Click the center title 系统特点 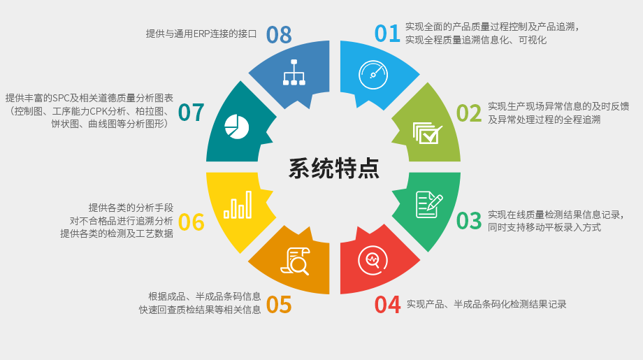(334, 168)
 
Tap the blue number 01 (387, 34)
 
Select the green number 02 (469, 113)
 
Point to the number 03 (469, 221)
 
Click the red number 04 (387, 305)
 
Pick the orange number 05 (279, 305)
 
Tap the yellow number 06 (191, 222)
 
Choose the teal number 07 (191, 113)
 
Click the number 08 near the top (279, 34)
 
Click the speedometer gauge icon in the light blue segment (373, 75)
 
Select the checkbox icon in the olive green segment (427, 133)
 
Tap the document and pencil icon (428, 204)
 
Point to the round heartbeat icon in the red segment (373, 261)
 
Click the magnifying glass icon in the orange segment (295, 261)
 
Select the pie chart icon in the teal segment (237, 127)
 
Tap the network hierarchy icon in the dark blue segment (294, 73)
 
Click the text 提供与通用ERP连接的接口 (201, 34)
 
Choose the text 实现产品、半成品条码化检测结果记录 (486, 304)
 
